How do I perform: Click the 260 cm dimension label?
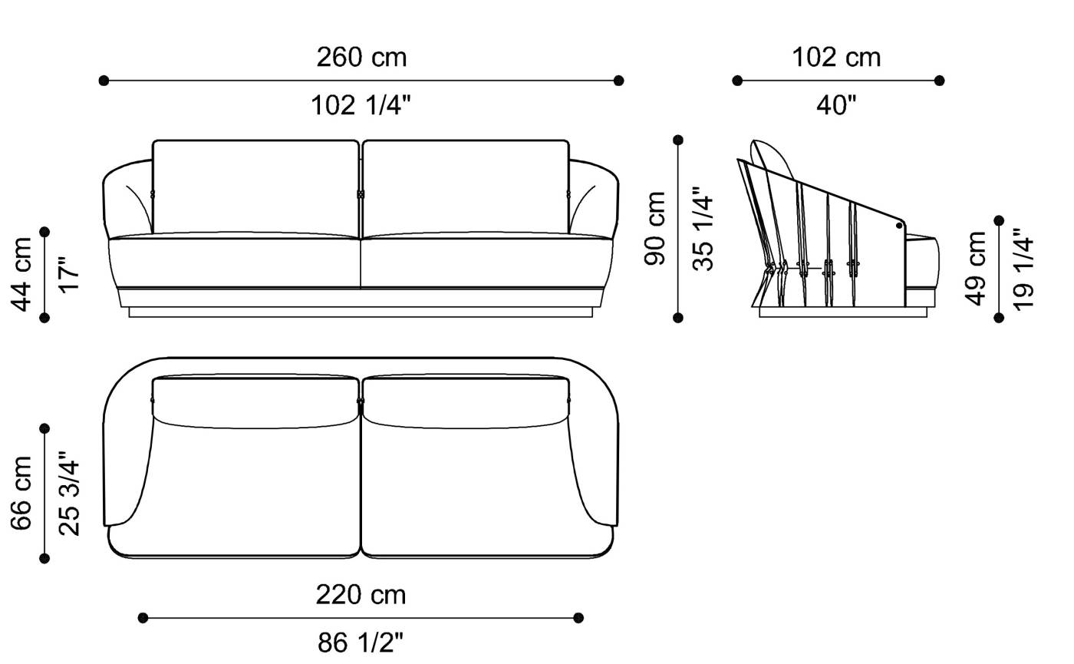pyautogui.click(x=361, y=58)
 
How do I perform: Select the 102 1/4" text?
pyautogui.click(x=361, y=105)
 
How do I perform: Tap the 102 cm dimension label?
pyautogui.click(x=836, y=58)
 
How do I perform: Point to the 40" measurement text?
pyautogui.click(x=836, y=105)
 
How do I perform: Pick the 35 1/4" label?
pyautogui.click(x=703, y=229)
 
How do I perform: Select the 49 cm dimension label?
pyautogui.click(x=977, y=269)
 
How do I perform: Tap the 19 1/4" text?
pyautogui.click(x=1024, y=269)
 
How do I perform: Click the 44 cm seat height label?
pyautogui.click(x=22, y=274)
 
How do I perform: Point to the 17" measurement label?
pyautogui.click(x=69, y=274)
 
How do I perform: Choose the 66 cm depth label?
pyautogui.click(x=22, y=494)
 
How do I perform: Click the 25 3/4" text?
pyautogui.click(x=69, y=494)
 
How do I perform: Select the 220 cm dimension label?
pyautogui.click(x=361, y=595)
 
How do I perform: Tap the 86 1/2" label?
pyautogui.click(x=361, y=643)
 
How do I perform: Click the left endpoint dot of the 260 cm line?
pyautogui.click(x=104, y=81)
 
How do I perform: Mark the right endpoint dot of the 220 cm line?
pyautogui.click(x=578, y=618)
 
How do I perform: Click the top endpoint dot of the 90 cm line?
pyautogui.click(x=678, y=140)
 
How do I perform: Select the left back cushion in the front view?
pyautogui.click(x=255, y=186)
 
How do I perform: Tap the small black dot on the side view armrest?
pyautogui.click(x=898, y=226)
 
